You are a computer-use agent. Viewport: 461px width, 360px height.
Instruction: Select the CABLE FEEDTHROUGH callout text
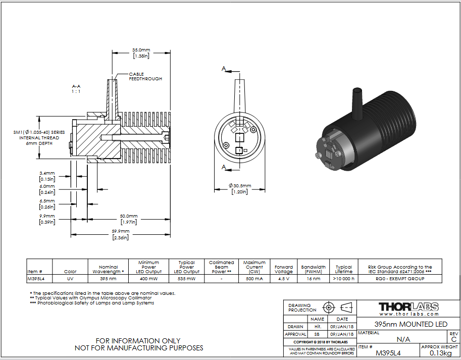click(x=145, y=76)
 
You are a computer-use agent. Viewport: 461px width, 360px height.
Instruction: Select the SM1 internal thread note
click(x=39, y=138)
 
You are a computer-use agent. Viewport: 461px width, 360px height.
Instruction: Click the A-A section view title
click(x=76, y=89)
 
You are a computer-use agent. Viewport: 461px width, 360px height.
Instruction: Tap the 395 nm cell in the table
click(x=108, y=279)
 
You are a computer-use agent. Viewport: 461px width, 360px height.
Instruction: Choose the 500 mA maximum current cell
click(x=254, y=279)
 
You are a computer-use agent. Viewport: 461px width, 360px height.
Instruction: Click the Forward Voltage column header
click(x=284, y=269)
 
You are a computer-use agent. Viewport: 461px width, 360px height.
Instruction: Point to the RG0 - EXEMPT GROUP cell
click(x=400, y=279)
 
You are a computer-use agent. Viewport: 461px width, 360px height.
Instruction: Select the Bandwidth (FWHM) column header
click(x=314, y=269)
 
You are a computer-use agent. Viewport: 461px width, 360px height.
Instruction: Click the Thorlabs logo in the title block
click(x=408, y=308)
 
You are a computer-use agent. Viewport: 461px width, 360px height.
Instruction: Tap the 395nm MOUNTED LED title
click(x=411, y=324)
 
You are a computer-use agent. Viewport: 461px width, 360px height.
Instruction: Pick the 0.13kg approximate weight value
click(x=440, y=353)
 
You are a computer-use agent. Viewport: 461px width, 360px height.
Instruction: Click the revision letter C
click(x=454, y=339)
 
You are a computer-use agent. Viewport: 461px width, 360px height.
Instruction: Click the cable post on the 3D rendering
click(x=356, y=103)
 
